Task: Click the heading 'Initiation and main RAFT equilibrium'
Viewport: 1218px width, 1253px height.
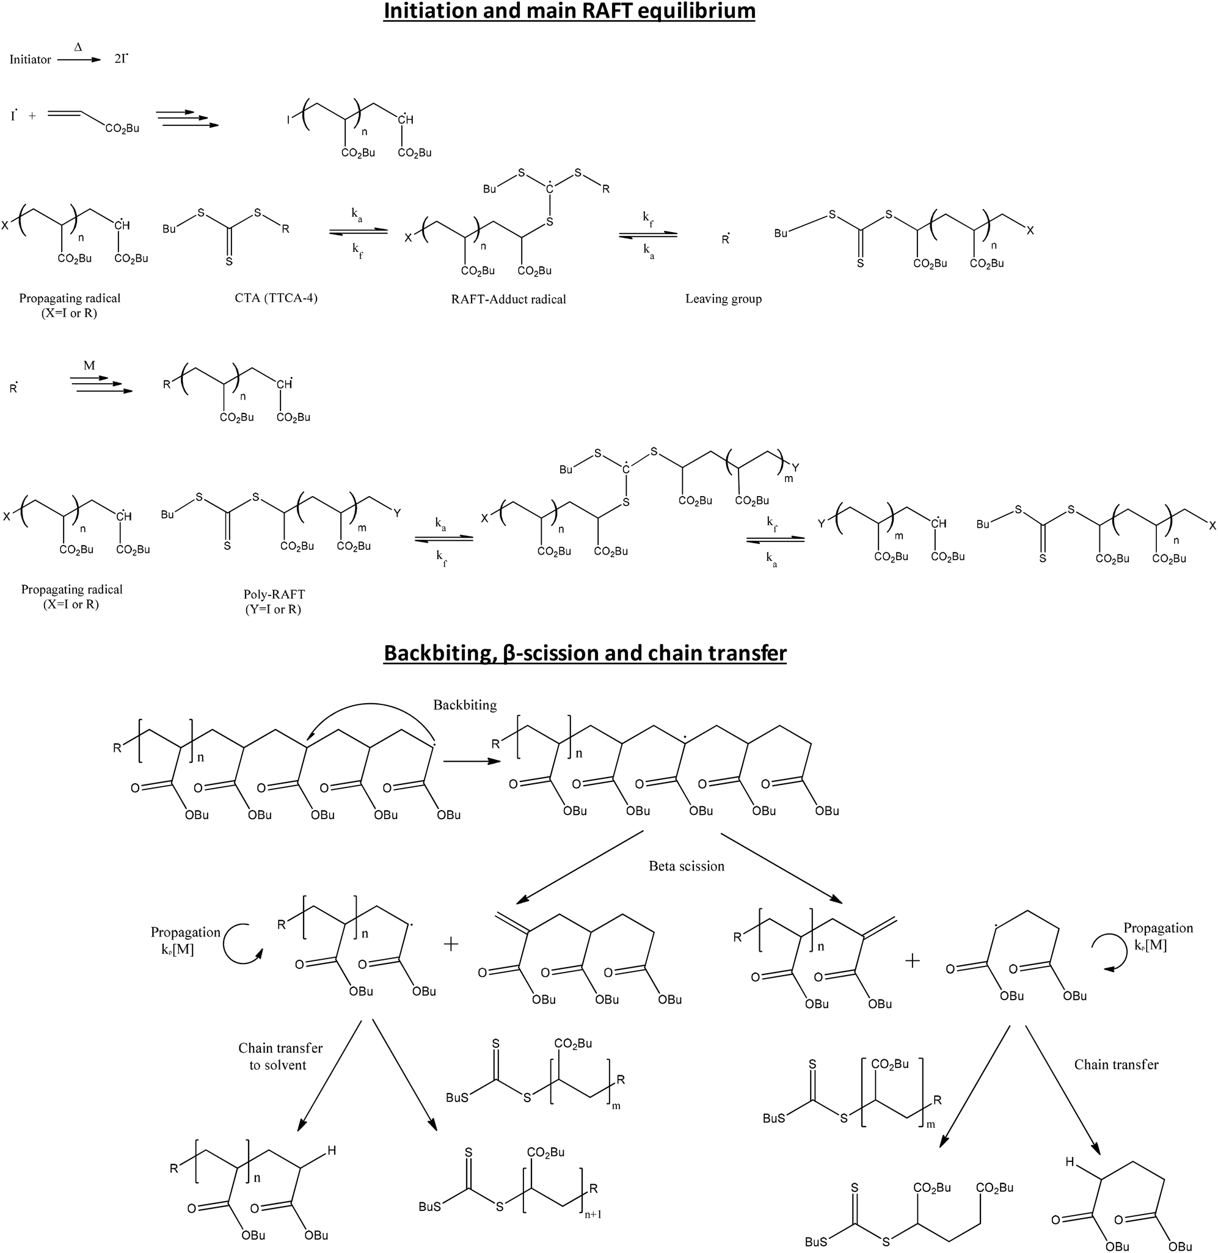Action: coord(569,12)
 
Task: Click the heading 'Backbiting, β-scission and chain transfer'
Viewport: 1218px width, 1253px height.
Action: coord(585,652)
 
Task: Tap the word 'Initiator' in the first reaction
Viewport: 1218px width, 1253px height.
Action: coord(30,59)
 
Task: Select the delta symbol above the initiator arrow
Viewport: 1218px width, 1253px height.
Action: coord(79,46)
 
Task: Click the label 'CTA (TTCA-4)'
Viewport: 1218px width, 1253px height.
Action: coord(275,297)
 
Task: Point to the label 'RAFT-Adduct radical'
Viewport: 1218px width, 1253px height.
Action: coord(509,299)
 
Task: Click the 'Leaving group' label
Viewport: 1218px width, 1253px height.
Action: coord(723,298)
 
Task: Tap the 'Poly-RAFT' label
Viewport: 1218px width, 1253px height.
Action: coord(274,594)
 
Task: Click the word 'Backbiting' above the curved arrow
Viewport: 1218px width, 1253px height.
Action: coord(465,704)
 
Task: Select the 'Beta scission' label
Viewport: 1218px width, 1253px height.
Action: coord(687,866)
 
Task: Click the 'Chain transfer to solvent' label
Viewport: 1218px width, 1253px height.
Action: coord(280,1056)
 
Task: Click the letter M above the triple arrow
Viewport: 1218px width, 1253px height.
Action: coord(89,365)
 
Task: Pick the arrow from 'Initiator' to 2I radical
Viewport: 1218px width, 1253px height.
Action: coord(79,60)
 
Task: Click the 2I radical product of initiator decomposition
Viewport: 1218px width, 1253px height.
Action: coord(121,59)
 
